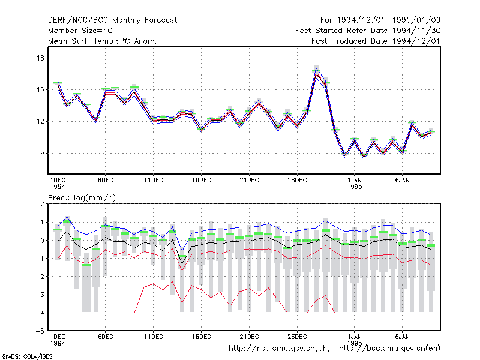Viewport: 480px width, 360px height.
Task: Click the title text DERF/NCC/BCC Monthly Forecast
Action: [112, 20]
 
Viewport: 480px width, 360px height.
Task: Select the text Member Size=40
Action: [80, 31]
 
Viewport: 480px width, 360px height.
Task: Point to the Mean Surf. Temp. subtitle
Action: [103, 41]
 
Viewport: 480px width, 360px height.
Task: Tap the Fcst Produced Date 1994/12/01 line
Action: [376, 41]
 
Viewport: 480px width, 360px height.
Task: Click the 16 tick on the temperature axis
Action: [40, 58]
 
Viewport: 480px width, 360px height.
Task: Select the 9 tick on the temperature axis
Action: [42, 153]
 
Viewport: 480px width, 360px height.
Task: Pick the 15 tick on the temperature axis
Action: [40, 89]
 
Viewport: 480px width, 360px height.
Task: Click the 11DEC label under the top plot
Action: [154, 181]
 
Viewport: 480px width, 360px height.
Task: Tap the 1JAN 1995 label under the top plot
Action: [355, 184]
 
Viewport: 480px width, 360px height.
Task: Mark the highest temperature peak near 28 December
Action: [316, 68]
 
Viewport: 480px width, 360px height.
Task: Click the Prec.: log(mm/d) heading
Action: [82, 198]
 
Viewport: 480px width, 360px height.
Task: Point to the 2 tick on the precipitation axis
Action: [42, 204]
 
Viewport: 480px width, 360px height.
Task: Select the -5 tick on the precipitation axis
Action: [40, 331]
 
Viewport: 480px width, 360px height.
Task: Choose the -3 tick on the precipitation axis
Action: [40, 295]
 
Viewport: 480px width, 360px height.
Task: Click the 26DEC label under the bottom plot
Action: [297, 337]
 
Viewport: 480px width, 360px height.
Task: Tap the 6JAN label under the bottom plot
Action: [402, 337]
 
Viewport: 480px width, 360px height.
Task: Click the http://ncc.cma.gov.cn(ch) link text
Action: [279, 349]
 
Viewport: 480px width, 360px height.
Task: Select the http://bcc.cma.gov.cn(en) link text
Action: [389, 349]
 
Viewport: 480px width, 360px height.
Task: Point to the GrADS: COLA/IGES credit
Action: [27, 356]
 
